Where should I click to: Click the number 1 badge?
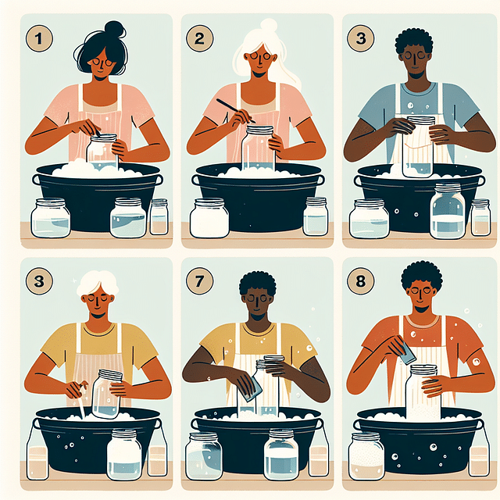tap(39, 38)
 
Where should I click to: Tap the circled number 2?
tap(200, 38)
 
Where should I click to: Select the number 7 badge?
tap(200, 281)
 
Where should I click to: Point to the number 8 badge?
tap(361, 281)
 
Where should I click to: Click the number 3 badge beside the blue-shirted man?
tap(361, 38)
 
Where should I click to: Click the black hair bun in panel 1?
tap(115, 30)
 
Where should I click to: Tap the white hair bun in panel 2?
tap(269, 26)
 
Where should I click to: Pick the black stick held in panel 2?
tap(235, 111)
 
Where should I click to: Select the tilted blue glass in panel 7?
tap(252, 389)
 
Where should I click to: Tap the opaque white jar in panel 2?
tap(209, 218)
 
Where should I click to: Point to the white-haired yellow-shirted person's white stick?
tap(81, 401)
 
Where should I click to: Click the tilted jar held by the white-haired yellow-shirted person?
tap(107, 394)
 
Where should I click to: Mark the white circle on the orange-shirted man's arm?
tap(476, 361)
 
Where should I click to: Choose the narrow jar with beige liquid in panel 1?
tap(159, 217)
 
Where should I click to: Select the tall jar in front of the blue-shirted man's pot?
tap(448, 211)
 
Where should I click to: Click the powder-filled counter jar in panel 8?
tap(366, 456)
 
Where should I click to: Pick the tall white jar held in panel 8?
tap(423, 392)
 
